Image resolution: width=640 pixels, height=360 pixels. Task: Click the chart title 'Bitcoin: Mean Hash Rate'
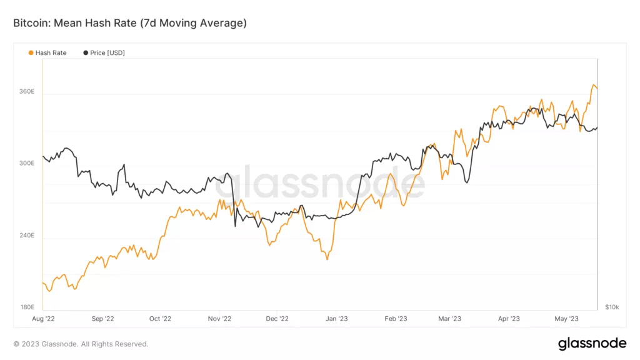pos(130,23)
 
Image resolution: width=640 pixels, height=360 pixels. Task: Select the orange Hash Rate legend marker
pos(31,53)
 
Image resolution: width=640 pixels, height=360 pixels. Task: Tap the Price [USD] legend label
pos(107,53)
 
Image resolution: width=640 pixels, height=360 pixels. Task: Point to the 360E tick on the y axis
pos(27,92)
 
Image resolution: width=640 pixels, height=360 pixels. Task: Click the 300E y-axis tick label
pos(27,163)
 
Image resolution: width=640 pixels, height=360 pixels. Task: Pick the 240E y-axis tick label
pos(27,236)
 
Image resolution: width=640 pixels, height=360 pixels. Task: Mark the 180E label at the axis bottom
pos(27,307)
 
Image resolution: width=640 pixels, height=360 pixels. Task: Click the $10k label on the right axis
pos(612,307)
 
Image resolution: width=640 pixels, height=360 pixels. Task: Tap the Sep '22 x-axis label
pos(102,319)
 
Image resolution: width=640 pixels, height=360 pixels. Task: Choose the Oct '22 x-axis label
pos(160,319)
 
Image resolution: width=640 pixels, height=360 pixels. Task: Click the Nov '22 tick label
pos(219,319)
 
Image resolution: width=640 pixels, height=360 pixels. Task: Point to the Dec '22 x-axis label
pos(277,319)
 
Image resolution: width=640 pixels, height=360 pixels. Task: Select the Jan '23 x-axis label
pos(337,319)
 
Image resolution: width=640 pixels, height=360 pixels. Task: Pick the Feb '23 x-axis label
pos(395,319)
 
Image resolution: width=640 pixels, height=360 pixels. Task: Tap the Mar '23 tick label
pos(449,319)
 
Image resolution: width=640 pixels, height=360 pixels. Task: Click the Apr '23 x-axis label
pos(509,319)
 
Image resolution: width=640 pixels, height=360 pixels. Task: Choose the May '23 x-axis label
pos(566,319)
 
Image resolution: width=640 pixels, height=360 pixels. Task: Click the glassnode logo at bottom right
pos(591,343)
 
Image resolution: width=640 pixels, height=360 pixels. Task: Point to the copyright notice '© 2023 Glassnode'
pos(81,344)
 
